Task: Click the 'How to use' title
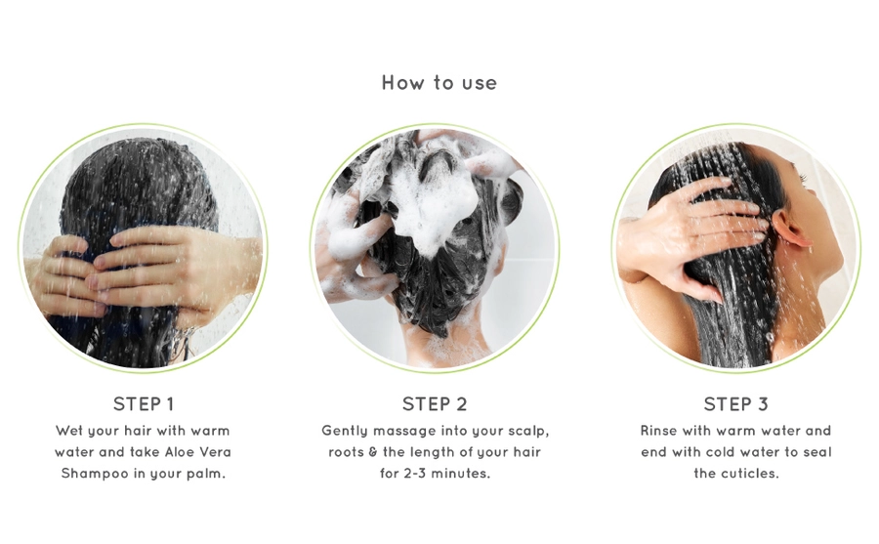(439, 83)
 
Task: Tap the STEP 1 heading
(144, 403)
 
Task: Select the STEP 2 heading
(435, 403)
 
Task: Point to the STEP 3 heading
(735, 403)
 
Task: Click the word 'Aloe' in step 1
(179, 452)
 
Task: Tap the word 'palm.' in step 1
(206, 474)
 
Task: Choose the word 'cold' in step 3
(723, 452)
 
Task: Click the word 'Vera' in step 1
(215, 452)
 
